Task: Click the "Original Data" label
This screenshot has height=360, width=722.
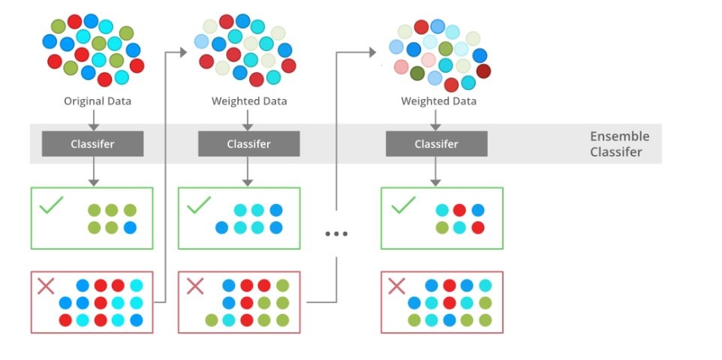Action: (x=97, y=100)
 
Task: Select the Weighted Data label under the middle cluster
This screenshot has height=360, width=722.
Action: (x=249, y=101)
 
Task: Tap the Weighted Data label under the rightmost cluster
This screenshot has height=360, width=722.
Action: (x=438, y=101)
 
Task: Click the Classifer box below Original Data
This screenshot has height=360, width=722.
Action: (x=92, y=144)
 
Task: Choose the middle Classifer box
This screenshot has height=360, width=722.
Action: (x=248, y=144)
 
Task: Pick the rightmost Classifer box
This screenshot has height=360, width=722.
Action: (x=437, y=144)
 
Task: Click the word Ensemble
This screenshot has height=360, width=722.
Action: (x=620, y=136)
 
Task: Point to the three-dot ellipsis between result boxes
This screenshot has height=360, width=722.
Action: (x=336, y=234)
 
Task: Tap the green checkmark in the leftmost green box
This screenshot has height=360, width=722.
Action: (x=51, y=205)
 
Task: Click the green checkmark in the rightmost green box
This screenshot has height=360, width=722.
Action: (x=403, y=205)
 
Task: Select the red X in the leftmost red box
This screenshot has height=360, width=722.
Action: (x=46, y=286)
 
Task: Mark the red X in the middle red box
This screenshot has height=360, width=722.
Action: (x=195, y=286)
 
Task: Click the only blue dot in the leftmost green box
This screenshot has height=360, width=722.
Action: (x=130, y=227)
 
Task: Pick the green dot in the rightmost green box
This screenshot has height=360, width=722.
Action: (x=442, y=227)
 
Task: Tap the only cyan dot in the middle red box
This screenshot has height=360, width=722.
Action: (x=229, y=320)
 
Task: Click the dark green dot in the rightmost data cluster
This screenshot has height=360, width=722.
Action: (x=417, y=73)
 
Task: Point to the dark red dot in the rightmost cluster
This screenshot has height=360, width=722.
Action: (x=483, y=71)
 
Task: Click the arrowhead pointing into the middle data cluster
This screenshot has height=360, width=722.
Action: (x=183, y=52)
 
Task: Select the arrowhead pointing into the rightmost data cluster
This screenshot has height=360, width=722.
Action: (x=372, y=52)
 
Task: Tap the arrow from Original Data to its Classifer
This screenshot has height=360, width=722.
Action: (x=94, y=120)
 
